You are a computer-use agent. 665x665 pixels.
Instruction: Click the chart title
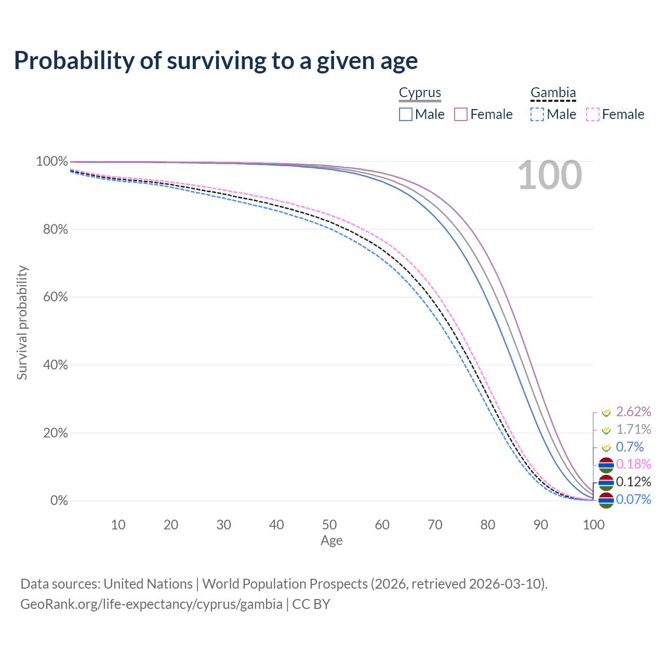(216, 61)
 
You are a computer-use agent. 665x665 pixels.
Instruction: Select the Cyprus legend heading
(420, 92)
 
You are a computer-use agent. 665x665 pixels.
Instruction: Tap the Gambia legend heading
(553, 92)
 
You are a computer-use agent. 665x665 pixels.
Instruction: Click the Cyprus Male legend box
(406, 114)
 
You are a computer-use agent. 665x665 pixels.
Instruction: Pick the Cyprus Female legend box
(461, 114)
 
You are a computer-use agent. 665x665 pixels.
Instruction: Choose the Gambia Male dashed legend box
(537, 114)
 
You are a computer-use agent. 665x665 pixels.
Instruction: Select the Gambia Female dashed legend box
(593, 114)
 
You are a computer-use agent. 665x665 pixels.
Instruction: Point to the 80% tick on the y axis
(55, 229)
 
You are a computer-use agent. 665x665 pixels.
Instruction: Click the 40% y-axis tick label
(55, 365)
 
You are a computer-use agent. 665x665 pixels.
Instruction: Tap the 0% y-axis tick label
(59, 501)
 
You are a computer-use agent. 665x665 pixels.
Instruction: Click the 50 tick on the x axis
(329, 525)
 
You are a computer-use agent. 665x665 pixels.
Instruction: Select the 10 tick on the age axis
(118, 525)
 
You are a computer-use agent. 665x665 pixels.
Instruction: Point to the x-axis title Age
(331, 541)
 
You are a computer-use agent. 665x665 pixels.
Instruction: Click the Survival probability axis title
(22, 323)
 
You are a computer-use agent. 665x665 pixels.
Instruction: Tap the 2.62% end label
(633, 411)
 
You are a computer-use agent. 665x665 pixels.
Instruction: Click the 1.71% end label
(633, 429)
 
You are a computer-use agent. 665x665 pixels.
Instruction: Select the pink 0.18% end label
(633, 463)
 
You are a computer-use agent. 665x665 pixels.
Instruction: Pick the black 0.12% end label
(633, 482)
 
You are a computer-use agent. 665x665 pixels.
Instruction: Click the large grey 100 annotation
(550, 176)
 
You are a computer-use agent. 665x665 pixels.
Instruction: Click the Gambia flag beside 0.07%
(606, 500)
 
